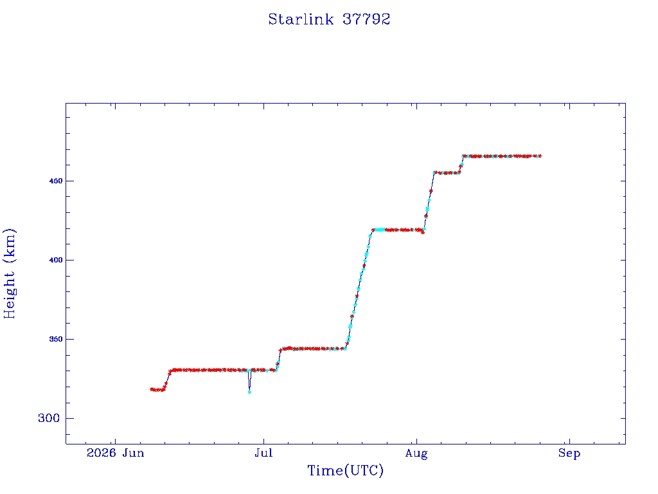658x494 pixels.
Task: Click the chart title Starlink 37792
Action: (x=329, y=19)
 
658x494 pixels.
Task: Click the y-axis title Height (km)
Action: (x=9, y=273)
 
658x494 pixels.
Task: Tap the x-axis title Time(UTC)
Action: (x=345, y=470)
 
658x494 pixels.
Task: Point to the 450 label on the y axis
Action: (x=56, y=181)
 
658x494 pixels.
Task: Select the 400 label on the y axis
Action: (x=56, y=260)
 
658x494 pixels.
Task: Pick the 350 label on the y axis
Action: (x=56, y=339)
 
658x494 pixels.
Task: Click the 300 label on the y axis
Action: (x=49, y=418)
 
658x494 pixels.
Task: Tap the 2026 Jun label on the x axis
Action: (x=116, y=453)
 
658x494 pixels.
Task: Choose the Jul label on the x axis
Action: (x=263, y=453)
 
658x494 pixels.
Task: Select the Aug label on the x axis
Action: (x=416, y=453)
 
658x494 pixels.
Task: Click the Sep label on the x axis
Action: (x=569, y=453)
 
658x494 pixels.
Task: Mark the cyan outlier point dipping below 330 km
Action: (x=249, y=392)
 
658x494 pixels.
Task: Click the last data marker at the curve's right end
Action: (x=540, y=156)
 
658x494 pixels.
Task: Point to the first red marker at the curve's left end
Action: (x=152, y=389)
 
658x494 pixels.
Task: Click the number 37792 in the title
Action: (x=366, y=19)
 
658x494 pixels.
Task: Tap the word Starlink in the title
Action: (x=301, y=19)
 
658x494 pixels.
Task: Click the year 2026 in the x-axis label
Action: (x=101, y=453)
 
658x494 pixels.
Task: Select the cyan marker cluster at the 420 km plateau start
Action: (x=380, y=230)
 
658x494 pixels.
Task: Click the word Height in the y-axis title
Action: (x=9, y=295)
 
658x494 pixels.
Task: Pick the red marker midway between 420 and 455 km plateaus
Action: (x=431, y=191)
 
